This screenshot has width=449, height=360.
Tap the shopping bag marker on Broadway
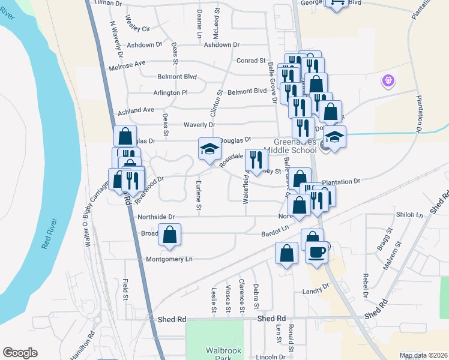170,235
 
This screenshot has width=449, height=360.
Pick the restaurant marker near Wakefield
257,161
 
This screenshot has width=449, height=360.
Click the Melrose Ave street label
127,62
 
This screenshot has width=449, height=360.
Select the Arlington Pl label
170,93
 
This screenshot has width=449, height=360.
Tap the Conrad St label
251,61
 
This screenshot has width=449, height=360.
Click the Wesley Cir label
137,29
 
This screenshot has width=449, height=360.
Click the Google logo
20,353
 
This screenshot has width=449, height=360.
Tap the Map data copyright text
423,355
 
